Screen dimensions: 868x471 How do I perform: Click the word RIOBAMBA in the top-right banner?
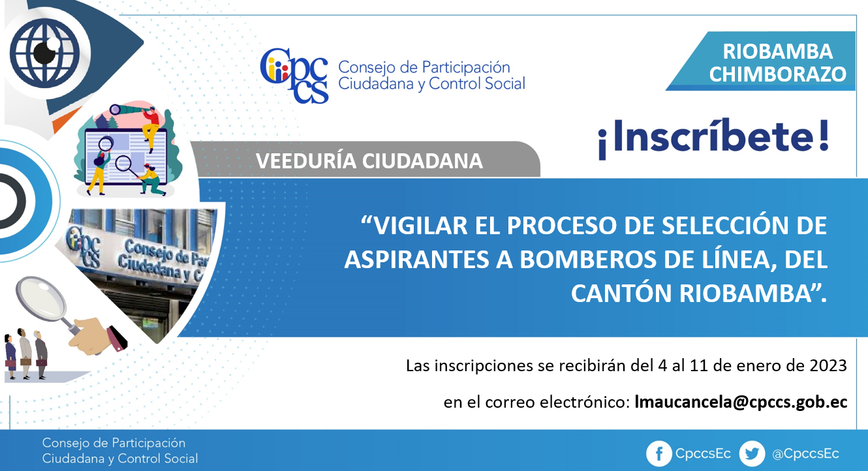pyautogui.click(x=778, y=52)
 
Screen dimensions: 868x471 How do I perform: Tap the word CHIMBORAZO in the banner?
pyautogui.click(x=778, y=74)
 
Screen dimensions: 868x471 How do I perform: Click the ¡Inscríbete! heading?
pyautogui.click(x=713, y=138)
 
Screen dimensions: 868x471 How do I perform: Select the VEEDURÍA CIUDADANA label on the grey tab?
pyautogui.click(x=369, y=160)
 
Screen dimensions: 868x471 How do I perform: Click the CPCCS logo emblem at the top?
pyautogui.click(x=294, y=76)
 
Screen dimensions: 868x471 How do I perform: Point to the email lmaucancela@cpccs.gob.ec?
pyautogui.click(x=741, y=402)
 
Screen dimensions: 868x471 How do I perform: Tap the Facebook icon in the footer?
pyautogui.click(x=659, y=453)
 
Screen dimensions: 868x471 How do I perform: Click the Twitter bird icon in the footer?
pyautogui.click(x=752, y=453)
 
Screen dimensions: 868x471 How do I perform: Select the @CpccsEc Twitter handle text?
pyautogui.click(x=805, y=454)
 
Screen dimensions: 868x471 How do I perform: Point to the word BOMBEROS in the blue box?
pyautogui.click(x=588, y=260)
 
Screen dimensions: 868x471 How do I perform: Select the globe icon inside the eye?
pyautogui.click(x=44, y=53)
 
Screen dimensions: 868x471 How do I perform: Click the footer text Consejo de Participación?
pyautogui.click(x=114, y=443)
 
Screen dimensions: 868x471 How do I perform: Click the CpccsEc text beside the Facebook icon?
pyautogui.click(x=703, y=453)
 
